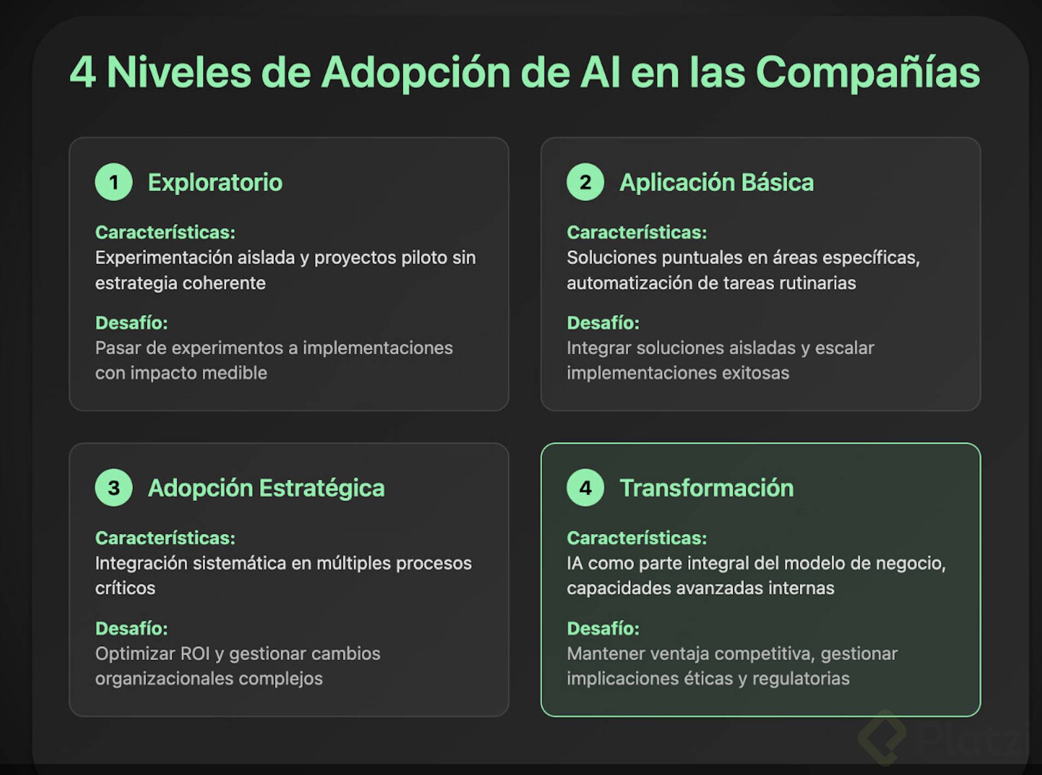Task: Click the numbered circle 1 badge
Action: pyautogui.click(x=114, y=182)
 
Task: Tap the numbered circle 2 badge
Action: pyautogui.click(x=585, y=182)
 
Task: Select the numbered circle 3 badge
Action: pyautogui.click(x=114, y=488)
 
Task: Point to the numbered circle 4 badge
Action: pyautogui.click(x=585, y=488)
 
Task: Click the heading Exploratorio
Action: pyautogui.click(x=215, y=183)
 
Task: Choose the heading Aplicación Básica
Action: pyautogui.click(x=717, y=183)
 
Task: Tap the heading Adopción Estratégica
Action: pyautogui.click(x=266, y=488)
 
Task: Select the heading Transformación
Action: pyautogui.click(x=706, y=488)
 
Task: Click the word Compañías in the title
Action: pyautogui.click(x=868, y=73)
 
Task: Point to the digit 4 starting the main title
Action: pyautogui.click(x=83, y=72)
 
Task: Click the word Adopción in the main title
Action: pyautogui.click(x=415, y=73)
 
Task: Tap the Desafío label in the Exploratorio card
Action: pyautogui.click(x=131, y=323)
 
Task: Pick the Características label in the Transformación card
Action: pyautogui.click(x=637, y=538)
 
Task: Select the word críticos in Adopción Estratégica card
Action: pyautogui.click(x=125, y=588)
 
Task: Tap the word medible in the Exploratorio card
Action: pyautogui.click(x=235, y=373)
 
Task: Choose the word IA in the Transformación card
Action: pyautogui.click(x=575, y=563)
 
